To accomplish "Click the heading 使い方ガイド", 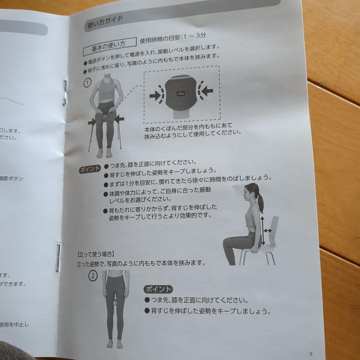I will click(x=105, y=23).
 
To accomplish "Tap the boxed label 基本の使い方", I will click(x=109, y=47).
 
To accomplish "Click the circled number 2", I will click(x=93, y=276).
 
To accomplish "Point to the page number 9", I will click(x=311, y=354).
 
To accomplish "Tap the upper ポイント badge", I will click(x=89, y=169).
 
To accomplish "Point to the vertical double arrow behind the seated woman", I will click(x=263, y=230).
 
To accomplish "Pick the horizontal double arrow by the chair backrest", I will click(x=268, y=230).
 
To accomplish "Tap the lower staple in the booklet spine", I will click(x=59, y=256).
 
